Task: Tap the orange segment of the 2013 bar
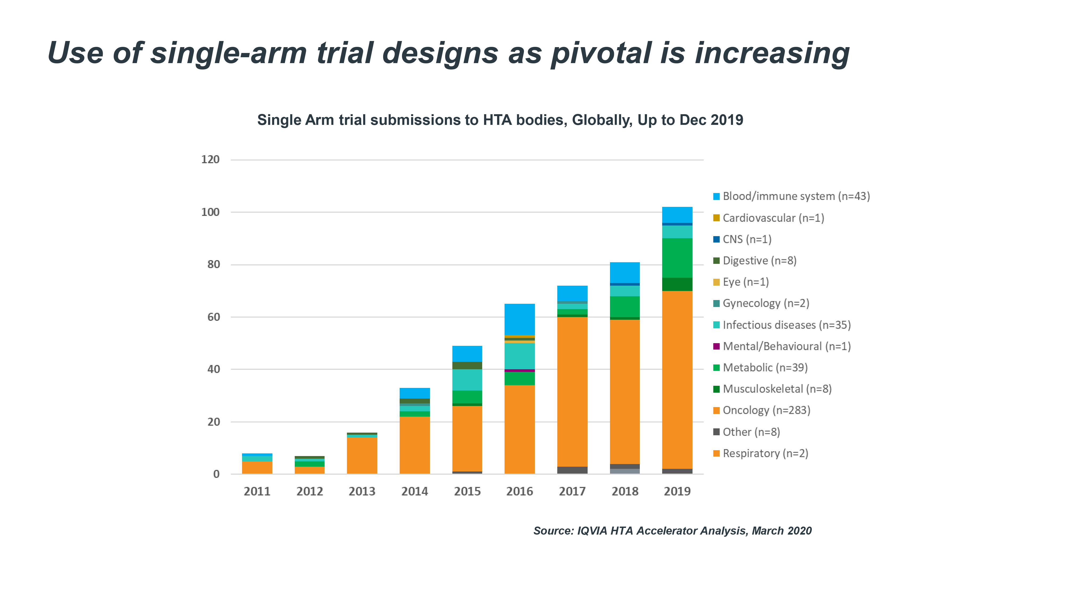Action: pyautogui.click(x=362, y=455)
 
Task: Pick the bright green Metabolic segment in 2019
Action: pyautogui.click(x=677, y=258)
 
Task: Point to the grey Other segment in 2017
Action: pyautogui.click(x=572, y=470)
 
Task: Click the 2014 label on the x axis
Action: pyautogui.click(x=414, y=491)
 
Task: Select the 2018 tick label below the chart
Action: pyautogui.click(x=625, y=491)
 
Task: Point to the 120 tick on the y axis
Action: pyautogui.click(x=210, y=159)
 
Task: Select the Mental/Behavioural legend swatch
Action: pyautogui.click(x=716, y=346)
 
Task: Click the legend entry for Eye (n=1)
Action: pyautogui.click(x=745, y=282)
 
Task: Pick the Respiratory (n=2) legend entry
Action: pyautogui.click(x=765, y=453)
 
